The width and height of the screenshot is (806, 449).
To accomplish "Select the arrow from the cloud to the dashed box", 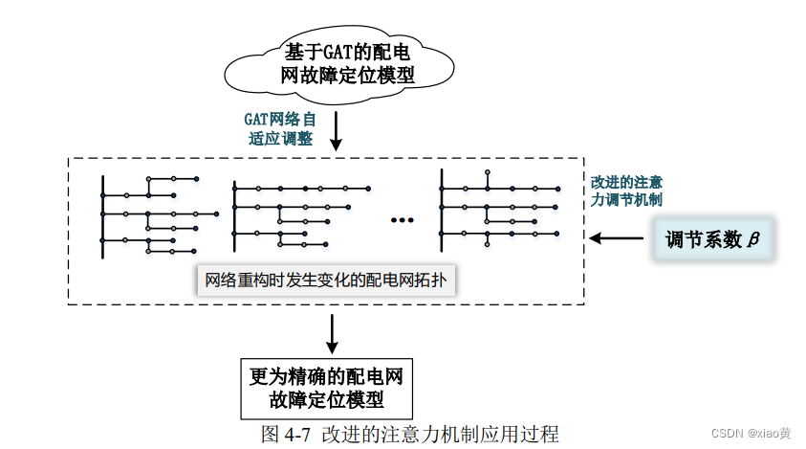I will [x=336, y=129].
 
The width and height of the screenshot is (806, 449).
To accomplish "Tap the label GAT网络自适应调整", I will [x=279, y=128].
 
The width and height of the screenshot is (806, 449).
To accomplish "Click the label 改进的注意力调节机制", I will [x=626, y=190].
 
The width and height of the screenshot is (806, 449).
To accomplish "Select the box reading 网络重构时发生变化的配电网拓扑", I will [x=326, y=281].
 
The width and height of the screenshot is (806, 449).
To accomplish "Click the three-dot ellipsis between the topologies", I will [x=403, y=221].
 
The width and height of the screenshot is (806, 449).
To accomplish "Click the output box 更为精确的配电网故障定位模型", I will [x=326, y=387].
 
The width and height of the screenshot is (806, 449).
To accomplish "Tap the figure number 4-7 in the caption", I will [x=298, y=434].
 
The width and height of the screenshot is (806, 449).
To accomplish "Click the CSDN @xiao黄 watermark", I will [x=751, y=434].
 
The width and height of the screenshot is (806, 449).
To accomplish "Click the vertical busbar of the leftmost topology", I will [x=103, y=216].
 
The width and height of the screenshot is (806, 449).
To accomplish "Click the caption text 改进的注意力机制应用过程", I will [x=441, y=434].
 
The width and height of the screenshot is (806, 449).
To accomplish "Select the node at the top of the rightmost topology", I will [x=487, y=171].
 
